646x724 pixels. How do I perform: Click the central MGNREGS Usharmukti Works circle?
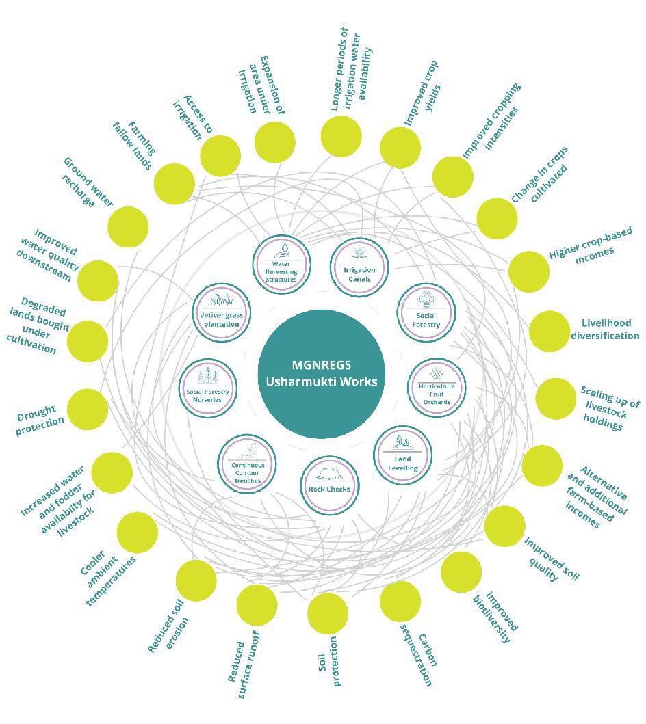tap(322, 373)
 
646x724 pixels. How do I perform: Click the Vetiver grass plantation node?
tap(220, 312)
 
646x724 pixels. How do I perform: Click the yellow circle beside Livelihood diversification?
tap(550, 332)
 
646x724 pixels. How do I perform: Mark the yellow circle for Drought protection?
tap(88, 409)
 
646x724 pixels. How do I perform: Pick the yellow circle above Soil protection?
tap(328, 613)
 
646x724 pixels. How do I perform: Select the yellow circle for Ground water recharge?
tap(128, 227)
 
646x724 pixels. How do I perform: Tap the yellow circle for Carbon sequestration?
tap(400, 602)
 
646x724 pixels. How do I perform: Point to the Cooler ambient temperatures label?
tap(109, 572)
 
